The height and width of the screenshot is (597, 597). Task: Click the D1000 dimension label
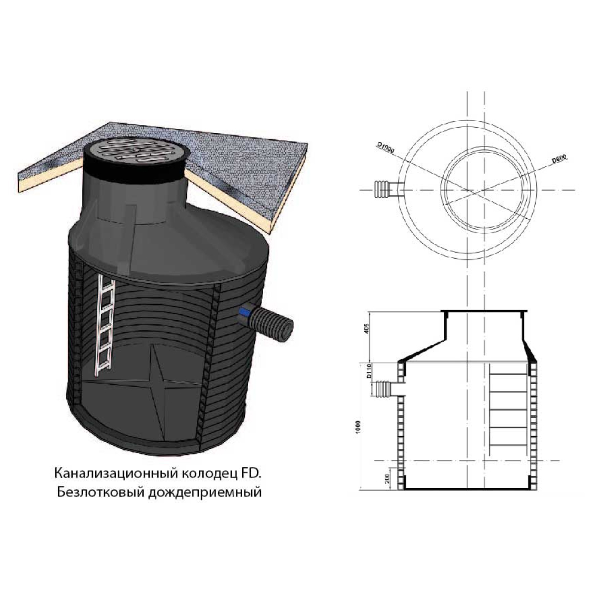pyautogui.click(x=386, y=147)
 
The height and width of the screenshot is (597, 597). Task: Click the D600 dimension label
pyautogui.click(x=559, y=159)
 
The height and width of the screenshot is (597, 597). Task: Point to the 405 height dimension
pyautogui.click(x=366, y=329)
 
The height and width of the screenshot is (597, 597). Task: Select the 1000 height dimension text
pyautogui.click(x=357, y=427)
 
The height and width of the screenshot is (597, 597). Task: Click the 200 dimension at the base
pyautogui.click(x=387, y=479)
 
